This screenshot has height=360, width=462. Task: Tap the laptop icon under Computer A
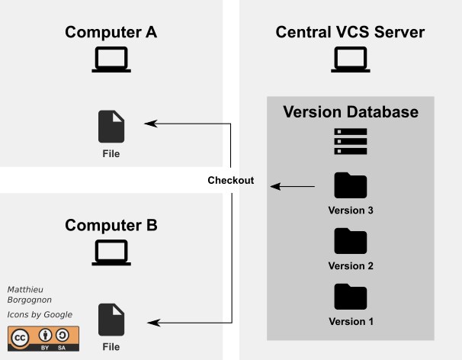[x=111, y=60]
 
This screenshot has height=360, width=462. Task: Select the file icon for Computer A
[x=111, y=127]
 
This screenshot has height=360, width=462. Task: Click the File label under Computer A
[x=111, y=153]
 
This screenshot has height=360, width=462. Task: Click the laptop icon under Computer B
[x=111, y=253]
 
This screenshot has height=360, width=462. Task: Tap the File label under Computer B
[x=111, y=347]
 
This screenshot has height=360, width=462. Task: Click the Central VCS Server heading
[x=350, y=32]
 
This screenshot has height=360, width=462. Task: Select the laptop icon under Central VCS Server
[x=350, y=60]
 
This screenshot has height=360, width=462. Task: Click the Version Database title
[x=351, y=112]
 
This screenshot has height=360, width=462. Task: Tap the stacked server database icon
[x=351, y=142]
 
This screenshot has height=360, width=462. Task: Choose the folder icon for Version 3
[x=351, y=185]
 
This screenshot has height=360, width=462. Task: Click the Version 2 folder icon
[x=351, y=241]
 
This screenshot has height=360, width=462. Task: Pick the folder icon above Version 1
[x=351, y=296]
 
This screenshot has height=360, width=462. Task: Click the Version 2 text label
[x=351, y=266]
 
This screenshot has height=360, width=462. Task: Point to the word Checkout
[x=230, y=182]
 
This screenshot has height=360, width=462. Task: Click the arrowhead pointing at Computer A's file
[x=151, y=123]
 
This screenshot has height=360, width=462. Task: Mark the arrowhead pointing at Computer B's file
[x=152, y=323]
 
